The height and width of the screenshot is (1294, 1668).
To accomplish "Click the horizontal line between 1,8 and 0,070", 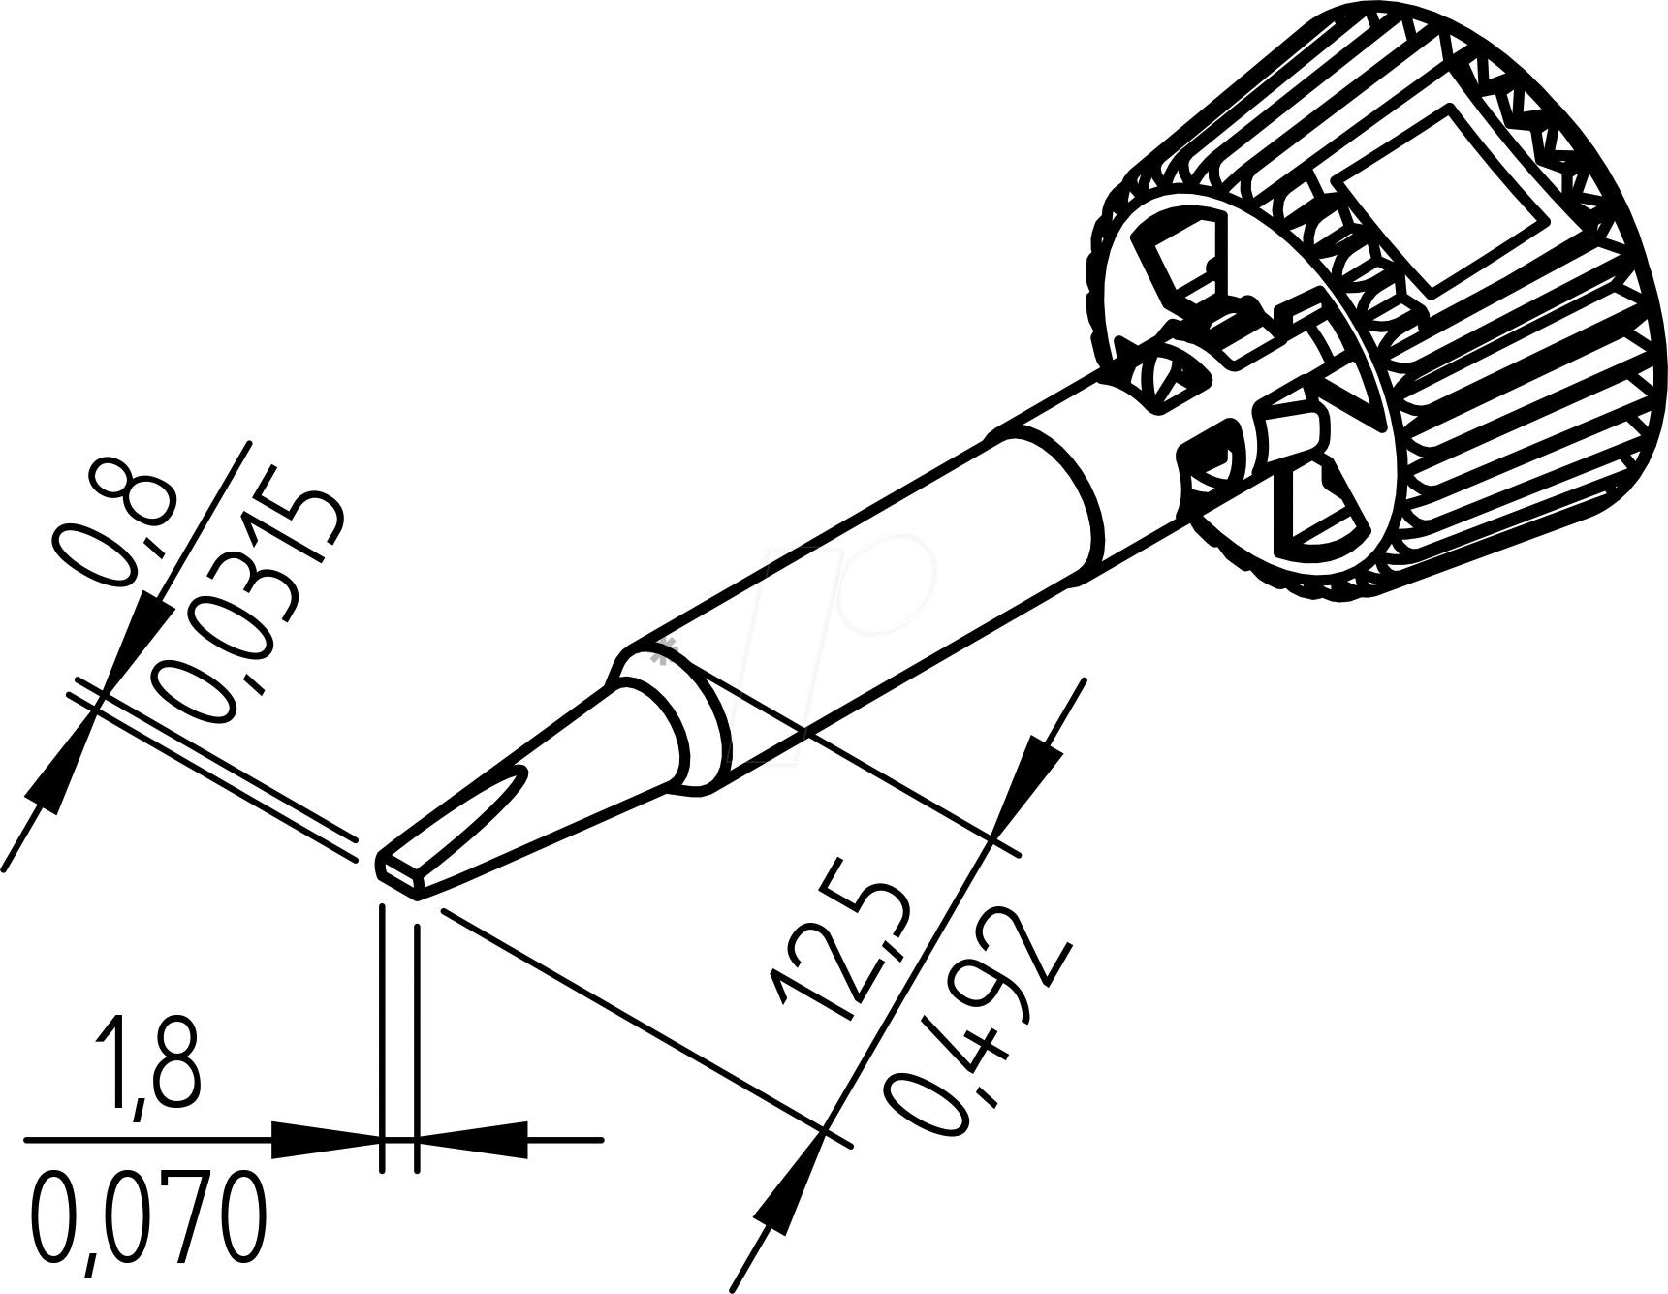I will coord(145,1141).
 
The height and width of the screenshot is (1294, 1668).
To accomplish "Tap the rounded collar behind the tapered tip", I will coord(669,717).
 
